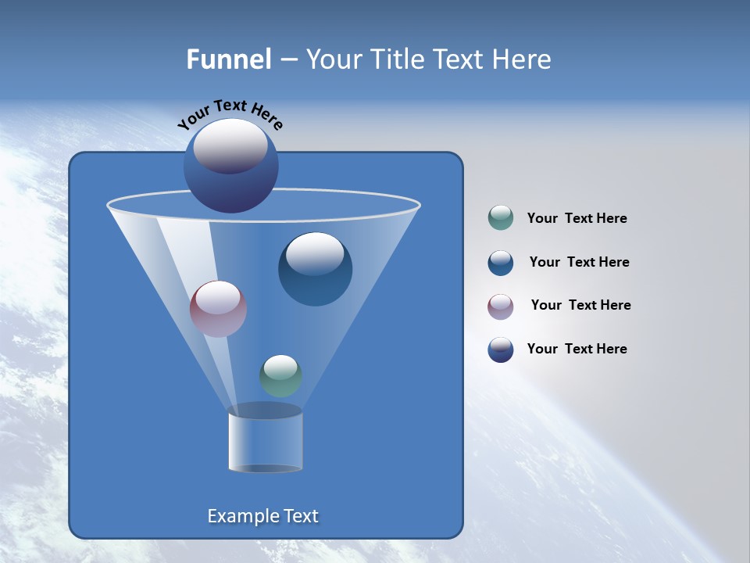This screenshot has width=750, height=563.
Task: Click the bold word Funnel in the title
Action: pos(228,59)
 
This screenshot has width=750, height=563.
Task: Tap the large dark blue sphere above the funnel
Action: pos(230,166)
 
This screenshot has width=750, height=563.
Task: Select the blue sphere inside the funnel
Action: pos(315,270)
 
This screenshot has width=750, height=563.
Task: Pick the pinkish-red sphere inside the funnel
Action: pos(218,309)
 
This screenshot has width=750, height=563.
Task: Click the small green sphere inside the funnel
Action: pos(280,376)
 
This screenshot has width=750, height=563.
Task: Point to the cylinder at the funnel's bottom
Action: pos(265,442)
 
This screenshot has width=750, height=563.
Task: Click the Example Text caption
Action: pos(262,516)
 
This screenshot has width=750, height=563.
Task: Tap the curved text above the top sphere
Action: pos(230,114)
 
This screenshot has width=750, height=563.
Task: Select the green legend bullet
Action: pos(501,218)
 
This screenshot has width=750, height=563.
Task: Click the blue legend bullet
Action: pos(501,263)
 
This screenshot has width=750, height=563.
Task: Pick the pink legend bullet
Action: pos(501,306)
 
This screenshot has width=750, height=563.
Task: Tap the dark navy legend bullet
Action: pos(501,350)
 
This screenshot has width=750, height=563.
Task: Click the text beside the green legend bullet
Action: pos(577,219)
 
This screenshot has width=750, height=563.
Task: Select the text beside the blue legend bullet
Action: pos(579,263)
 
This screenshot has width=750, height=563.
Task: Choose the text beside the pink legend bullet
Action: pos(580,306)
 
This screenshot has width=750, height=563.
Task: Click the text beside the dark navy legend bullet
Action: pos(577,350)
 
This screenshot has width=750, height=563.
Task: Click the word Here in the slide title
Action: pos(523,59)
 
